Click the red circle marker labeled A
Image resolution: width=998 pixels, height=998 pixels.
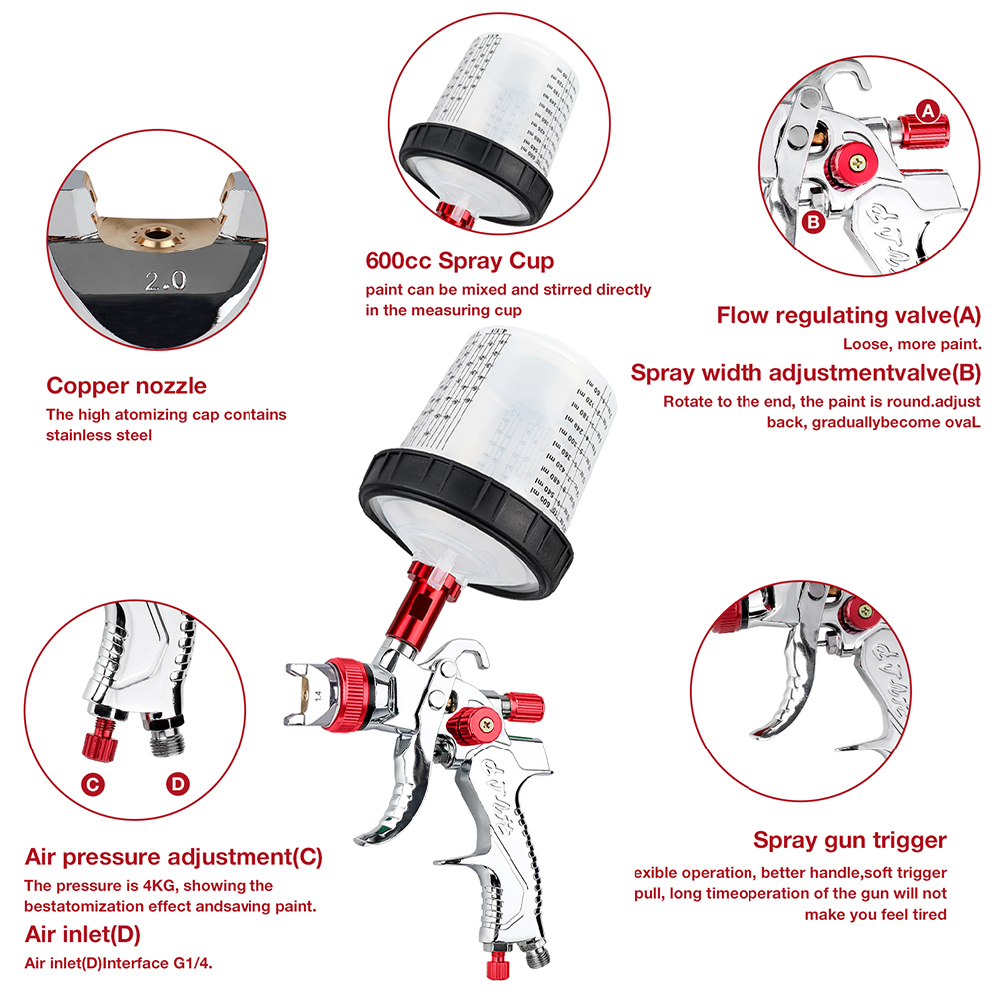pos(928,111)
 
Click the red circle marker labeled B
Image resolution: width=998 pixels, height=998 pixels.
pos(814,222)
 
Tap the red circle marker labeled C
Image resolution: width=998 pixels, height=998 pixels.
pos(93,784)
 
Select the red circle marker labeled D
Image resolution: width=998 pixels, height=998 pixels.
pos(177,784)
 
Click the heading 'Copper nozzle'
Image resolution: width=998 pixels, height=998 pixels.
pos(126,386)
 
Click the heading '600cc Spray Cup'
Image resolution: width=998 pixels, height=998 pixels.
pos(462,263)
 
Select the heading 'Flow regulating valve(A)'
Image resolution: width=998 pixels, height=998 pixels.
pos(848,316)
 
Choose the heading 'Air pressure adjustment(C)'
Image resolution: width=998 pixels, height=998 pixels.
pos(174,857)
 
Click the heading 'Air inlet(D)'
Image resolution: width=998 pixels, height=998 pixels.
pos(82,935)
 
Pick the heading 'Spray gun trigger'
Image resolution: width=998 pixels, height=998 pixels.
pos(849,840)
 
